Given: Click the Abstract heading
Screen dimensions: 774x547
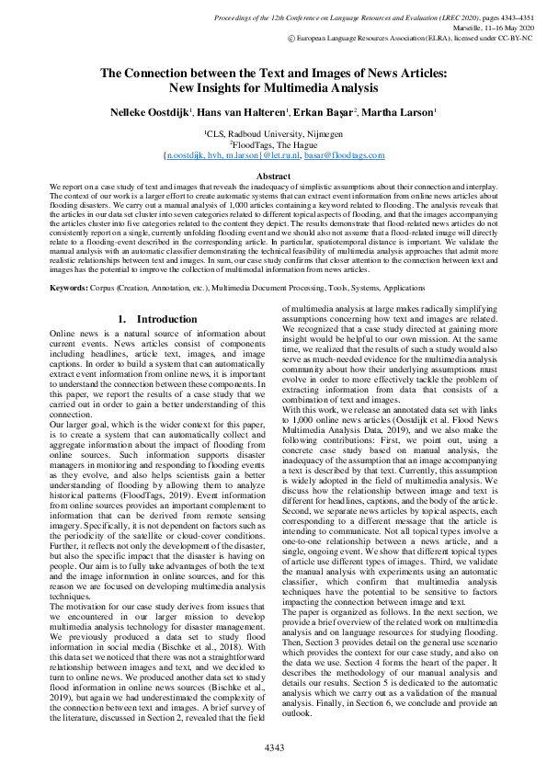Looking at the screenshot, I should tap(273, 176).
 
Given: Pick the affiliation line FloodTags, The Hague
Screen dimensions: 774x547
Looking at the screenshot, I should tap(273, 145).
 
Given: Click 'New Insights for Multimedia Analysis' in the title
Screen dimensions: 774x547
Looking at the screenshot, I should tap(273, 89).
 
